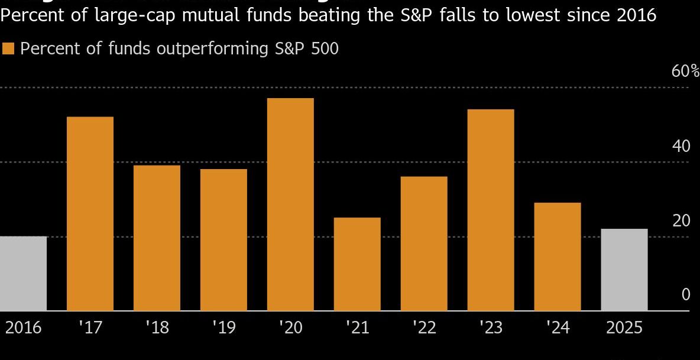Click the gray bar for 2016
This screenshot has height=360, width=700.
[23, 273]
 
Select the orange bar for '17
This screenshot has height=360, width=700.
[90, 213]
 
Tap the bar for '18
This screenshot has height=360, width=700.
[157, 238]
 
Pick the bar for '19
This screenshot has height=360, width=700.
[223, 239]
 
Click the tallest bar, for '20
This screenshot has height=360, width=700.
[290, 204]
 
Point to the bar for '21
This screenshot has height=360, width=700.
[357, 264]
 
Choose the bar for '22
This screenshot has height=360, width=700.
[424, 243]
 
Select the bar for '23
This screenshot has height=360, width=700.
[491, 210]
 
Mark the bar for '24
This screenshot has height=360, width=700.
[558, 256]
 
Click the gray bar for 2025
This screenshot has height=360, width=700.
[624, 270]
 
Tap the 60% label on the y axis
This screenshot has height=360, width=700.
[685, 72]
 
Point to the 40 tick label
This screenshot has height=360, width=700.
[681, 146]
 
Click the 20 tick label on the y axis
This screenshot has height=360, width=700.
[681, 220]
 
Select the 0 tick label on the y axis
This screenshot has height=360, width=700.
[686, 294]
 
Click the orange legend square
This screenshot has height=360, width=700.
[8, 48]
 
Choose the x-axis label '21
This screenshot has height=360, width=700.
[357, 327]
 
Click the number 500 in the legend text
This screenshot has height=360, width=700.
[323, 48]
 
